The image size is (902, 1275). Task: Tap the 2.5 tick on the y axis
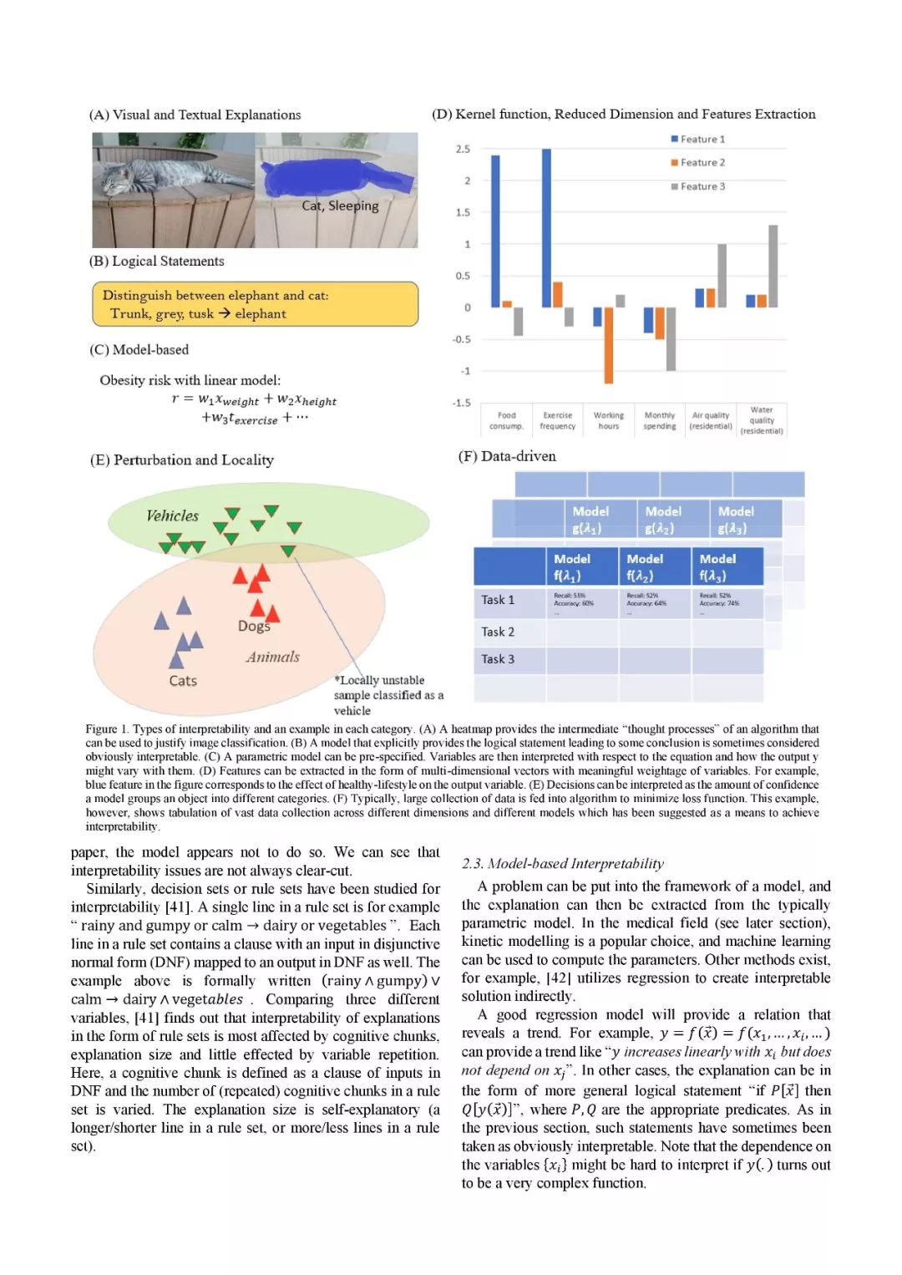pyautogui.click(x=463, y=149)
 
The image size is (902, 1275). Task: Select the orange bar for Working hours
pyautogui.click(x=609, y=344)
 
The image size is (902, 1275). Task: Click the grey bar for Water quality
pyautogui.click(x=773, y=266)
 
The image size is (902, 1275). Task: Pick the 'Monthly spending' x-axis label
pyautogui.click(x=660, y=420)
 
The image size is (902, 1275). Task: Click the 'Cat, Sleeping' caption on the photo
pyautogui.click(x=340, y=206)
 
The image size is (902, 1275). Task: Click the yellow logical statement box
pyautogui.click(x=255, y=304)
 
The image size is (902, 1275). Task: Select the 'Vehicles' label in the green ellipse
pyautogui.click(x=172, y=516)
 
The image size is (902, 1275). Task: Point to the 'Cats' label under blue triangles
pyautogui.click(x=183, y=681)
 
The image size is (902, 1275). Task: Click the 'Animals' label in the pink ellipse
pyautogui.click(x=272, y=657)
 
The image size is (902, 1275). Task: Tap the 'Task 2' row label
pyautogui.click(x=498, y=632)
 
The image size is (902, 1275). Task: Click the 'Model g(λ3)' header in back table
pyautogui.click(x=736, y=520)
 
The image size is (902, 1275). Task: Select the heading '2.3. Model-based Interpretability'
pyautogui.click(x=563, y=863)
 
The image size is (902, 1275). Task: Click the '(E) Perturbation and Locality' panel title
pyautogui.click(x=182, y=460)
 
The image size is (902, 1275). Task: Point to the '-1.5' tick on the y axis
pyautogui.click(x=461, y=403)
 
